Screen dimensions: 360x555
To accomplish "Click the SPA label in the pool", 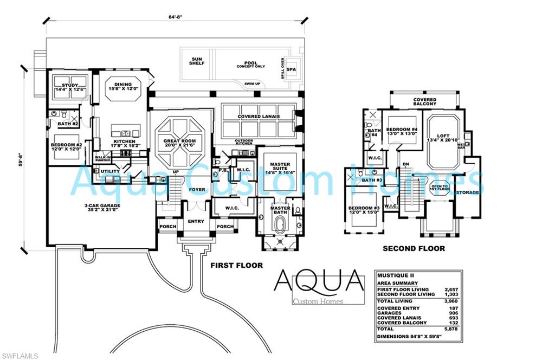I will (x=291, y=70).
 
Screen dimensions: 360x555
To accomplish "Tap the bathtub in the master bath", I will (x=280, y=225).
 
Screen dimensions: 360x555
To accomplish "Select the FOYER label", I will (x=197, y=190).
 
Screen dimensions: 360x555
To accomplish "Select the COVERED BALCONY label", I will (x=424, y=101).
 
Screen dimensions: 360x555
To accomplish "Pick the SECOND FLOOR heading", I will (x=414, y=248).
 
